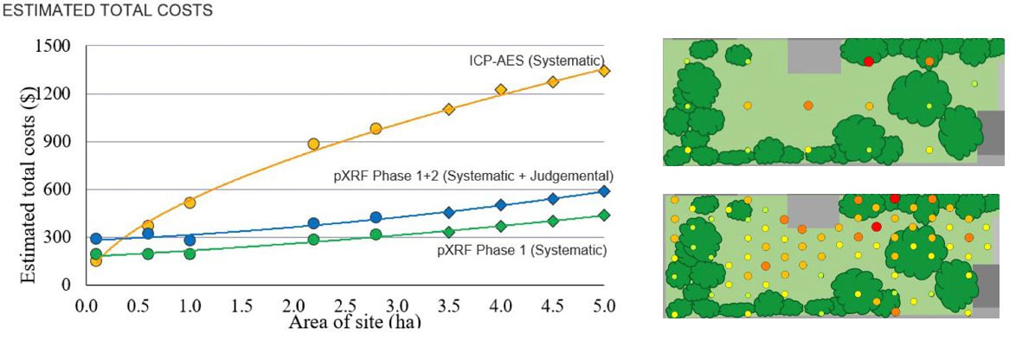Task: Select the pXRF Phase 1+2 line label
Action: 473,175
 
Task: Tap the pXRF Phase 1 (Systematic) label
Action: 522,250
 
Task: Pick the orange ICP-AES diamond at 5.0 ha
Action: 604,71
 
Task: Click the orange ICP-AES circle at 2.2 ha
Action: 313,144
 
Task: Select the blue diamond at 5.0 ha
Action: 604,191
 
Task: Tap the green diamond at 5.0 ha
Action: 604,215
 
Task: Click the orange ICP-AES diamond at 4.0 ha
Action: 500,89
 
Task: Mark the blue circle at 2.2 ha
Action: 313,223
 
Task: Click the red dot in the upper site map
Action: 868,61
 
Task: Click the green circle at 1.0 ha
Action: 190,254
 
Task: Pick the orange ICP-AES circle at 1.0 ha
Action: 190,202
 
